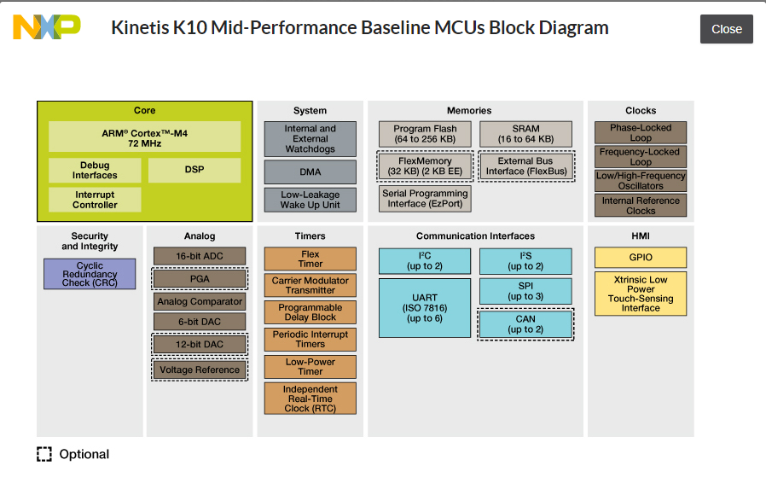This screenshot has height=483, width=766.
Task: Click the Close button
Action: (726, 29)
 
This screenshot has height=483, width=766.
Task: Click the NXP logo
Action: (47, 28)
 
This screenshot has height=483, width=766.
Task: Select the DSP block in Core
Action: (194, 170)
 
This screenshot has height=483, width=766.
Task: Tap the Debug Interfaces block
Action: (95, 171)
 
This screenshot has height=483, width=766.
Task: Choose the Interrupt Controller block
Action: (95, 200)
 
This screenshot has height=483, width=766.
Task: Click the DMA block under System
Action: (310, 172)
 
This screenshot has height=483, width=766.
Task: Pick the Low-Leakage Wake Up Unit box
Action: (310, 200)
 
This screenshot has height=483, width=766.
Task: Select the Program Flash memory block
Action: (425, 134)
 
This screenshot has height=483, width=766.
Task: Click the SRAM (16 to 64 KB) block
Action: (526, 134)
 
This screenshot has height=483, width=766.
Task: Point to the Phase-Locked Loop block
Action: (641, 132)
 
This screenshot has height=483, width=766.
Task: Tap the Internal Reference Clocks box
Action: (641, 206)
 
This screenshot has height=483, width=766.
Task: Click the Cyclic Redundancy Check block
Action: (90, 274)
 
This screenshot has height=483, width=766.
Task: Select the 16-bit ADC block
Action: (200, 256)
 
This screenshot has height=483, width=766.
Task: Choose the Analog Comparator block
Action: (200, 301)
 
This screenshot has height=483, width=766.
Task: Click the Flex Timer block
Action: (310, 259)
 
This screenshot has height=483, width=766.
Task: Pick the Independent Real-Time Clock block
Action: (310, 399)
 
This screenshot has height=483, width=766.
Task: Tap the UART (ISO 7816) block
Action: (425, 307)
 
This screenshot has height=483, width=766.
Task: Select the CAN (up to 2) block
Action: (525, 324)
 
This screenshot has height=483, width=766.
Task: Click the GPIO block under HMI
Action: (641, 258)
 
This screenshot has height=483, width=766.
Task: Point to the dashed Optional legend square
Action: (44, 454)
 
